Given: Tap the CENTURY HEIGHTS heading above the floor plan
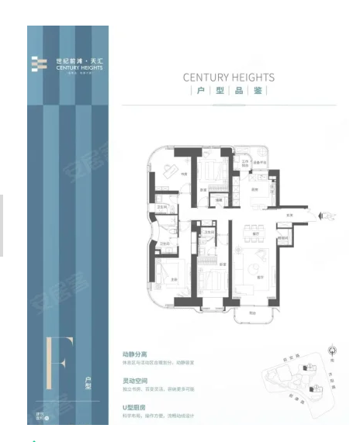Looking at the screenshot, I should point(229,78).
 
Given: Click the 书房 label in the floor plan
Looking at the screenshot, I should point(184,174).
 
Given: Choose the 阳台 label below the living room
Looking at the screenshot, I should point(253,313).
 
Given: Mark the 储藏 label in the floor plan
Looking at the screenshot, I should point(220,200).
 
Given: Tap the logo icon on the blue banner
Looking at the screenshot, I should point(39,64).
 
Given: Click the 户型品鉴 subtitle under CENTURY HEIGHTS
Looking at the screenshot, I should point(229,92).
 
